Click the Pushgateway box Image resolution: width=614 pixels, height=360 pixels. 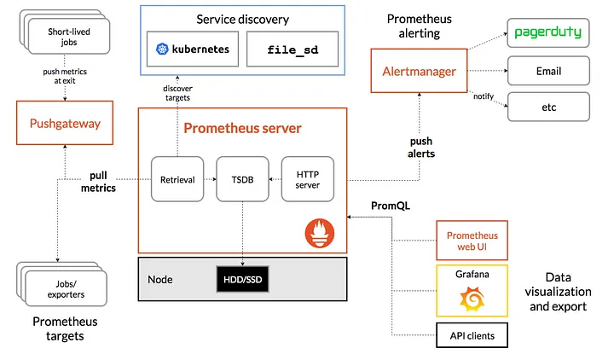[66, 124]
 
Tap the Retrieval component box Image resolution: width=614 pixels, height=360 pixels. [177, 179]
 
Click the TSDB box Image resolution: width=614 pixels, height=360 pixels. [241, 179]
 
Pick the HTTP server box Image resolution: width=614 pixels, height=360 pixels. [309, 179]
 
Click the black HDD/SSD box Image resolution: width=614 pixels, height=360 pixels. [241, 279]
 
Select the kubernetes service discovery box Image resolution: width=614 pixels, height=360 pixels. [194, 49]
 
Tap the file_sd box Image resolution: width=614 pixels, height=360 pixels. [293, 49]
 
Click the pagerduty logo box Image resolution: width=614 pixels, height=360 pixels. [548, 33]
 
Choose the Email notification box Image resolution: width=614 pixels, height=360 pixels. [548, 70]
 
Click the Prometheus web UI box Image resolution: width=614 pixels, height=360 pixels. [472, 241]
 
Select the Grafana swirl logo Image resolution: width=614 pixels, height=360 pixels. [472, 298]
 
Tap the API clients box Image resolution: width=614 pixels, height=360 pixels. [472, 335]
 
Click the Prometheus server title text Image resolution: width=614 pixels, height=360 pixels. [241, 129]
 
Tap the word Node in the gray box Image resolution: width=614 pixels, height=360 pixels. [159, 279]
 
